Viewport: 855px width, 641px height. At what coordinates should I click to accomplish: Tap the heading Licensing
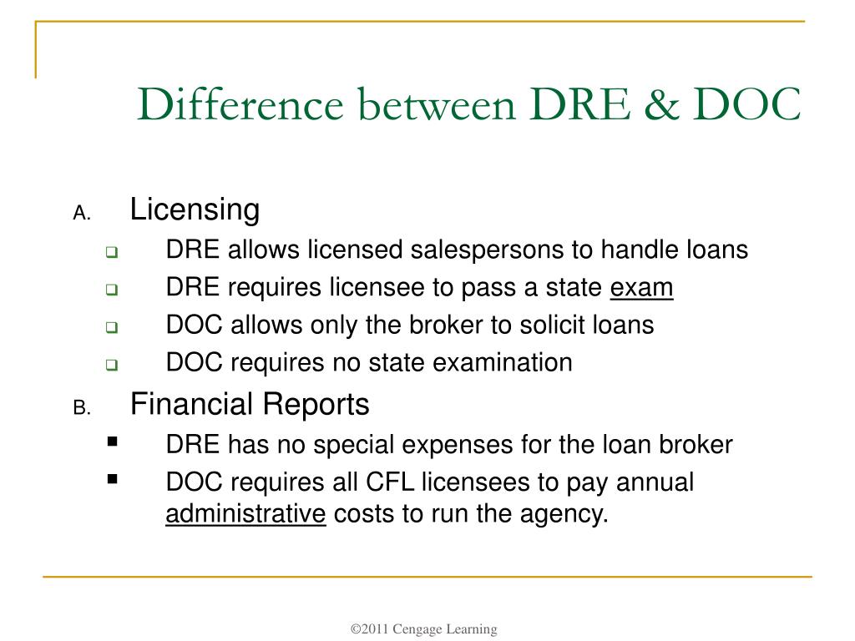click(x=195, y=209)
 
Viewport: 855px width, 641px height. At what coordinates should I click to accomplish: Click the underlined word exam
click(x=641, y=288)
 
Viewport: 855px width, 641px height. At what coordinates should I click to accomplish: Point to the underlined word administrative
click(x=245, y=513)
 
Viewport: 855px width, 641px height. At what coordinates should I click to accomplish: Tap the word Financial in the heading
click(x=191, y=405)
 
